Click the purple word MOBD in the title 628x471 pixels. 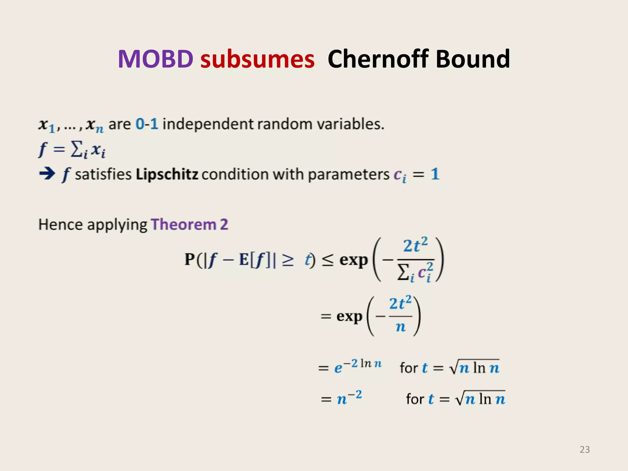click(155, 59)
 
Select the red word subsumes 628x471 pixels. click(257, 59)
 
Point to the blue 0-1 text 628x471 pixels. click(147, 124)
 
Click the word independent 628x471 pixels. click(208, 124)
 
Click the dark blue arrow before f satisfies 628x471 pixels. click(47, 174)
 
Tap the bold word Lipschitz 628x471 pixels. click(167, 174)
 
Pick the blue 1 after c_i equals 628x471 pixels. click(435, 174)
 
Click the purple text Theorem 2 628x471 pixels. click(190, 224)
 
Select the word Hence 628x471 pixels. click(61, 224)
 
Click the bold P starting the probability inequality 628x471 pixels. click(190, 259)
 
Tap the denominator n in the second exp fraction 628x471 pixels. click(400, 327)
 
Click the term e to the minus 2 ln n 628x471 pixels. click(358, 366)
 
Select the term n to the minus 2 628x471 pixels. click(349, 398)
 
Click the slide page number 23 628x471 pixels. click(584, 450)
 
